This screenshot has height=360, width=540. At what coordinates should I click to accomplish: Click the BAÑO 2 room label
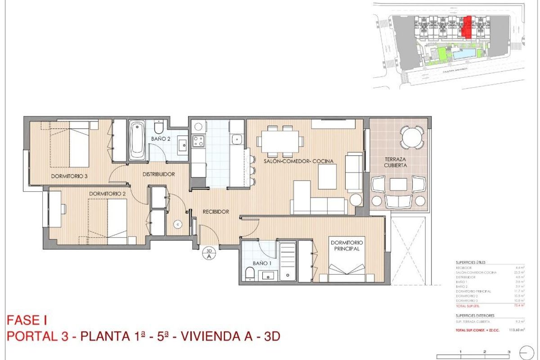(161, 139)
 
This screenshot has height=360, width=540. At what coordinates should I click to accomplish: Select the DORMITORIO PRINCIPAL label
(347, 245)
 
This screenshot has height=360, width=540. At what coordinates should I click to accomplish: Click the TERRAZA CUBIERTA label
(396, 162)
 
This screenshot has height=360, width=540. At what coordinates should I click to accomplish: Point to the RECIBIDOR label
(216, 211)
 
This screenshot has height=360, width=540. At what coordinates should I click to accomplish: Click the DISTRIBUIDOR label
(159, 174)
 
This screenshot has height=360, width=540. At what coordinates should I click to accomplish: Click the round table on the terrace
(412, 137)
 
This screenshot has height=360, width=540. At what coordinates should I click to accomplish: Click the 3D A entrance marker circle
(209, 254)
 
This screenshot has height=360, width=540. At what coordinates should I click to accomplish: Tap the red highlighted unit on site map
(468, 27)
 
